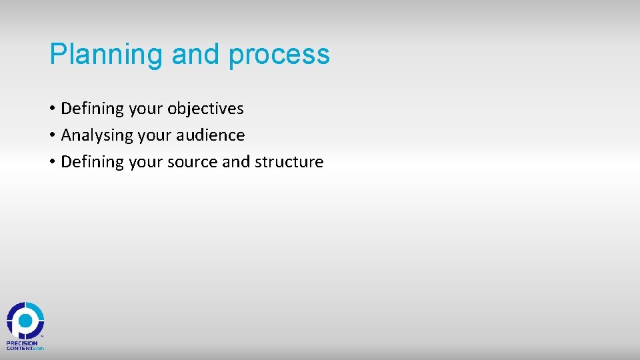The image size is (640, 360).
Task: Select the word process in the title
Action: [x=279, y=55]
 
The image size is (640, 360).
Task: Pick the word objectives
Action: [x=205, y=108]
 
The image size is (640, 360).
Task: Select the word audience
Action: [x=211, y=135]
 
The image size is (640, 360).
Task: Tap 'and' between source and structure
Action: [x=235, y=161]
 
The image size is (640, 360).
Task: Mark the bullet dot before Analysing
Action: [x=52, y=135]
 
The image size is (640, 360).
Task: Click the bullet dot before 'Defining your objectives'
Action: [x=52, y=109]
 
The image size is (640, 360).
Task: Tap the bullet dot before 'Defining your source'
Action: [x=52, y=162]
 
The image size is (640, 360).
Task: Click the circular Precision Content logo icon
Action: [x=25, y=321]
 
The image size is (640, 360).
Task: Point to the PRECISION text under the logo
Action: [x=22, y=343]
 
